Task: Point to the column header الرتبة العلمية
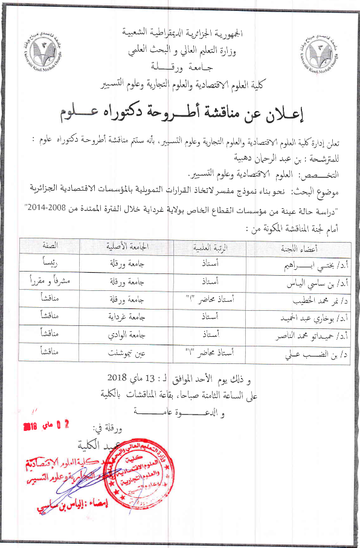pyautogui.click(x=210, y=248)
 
